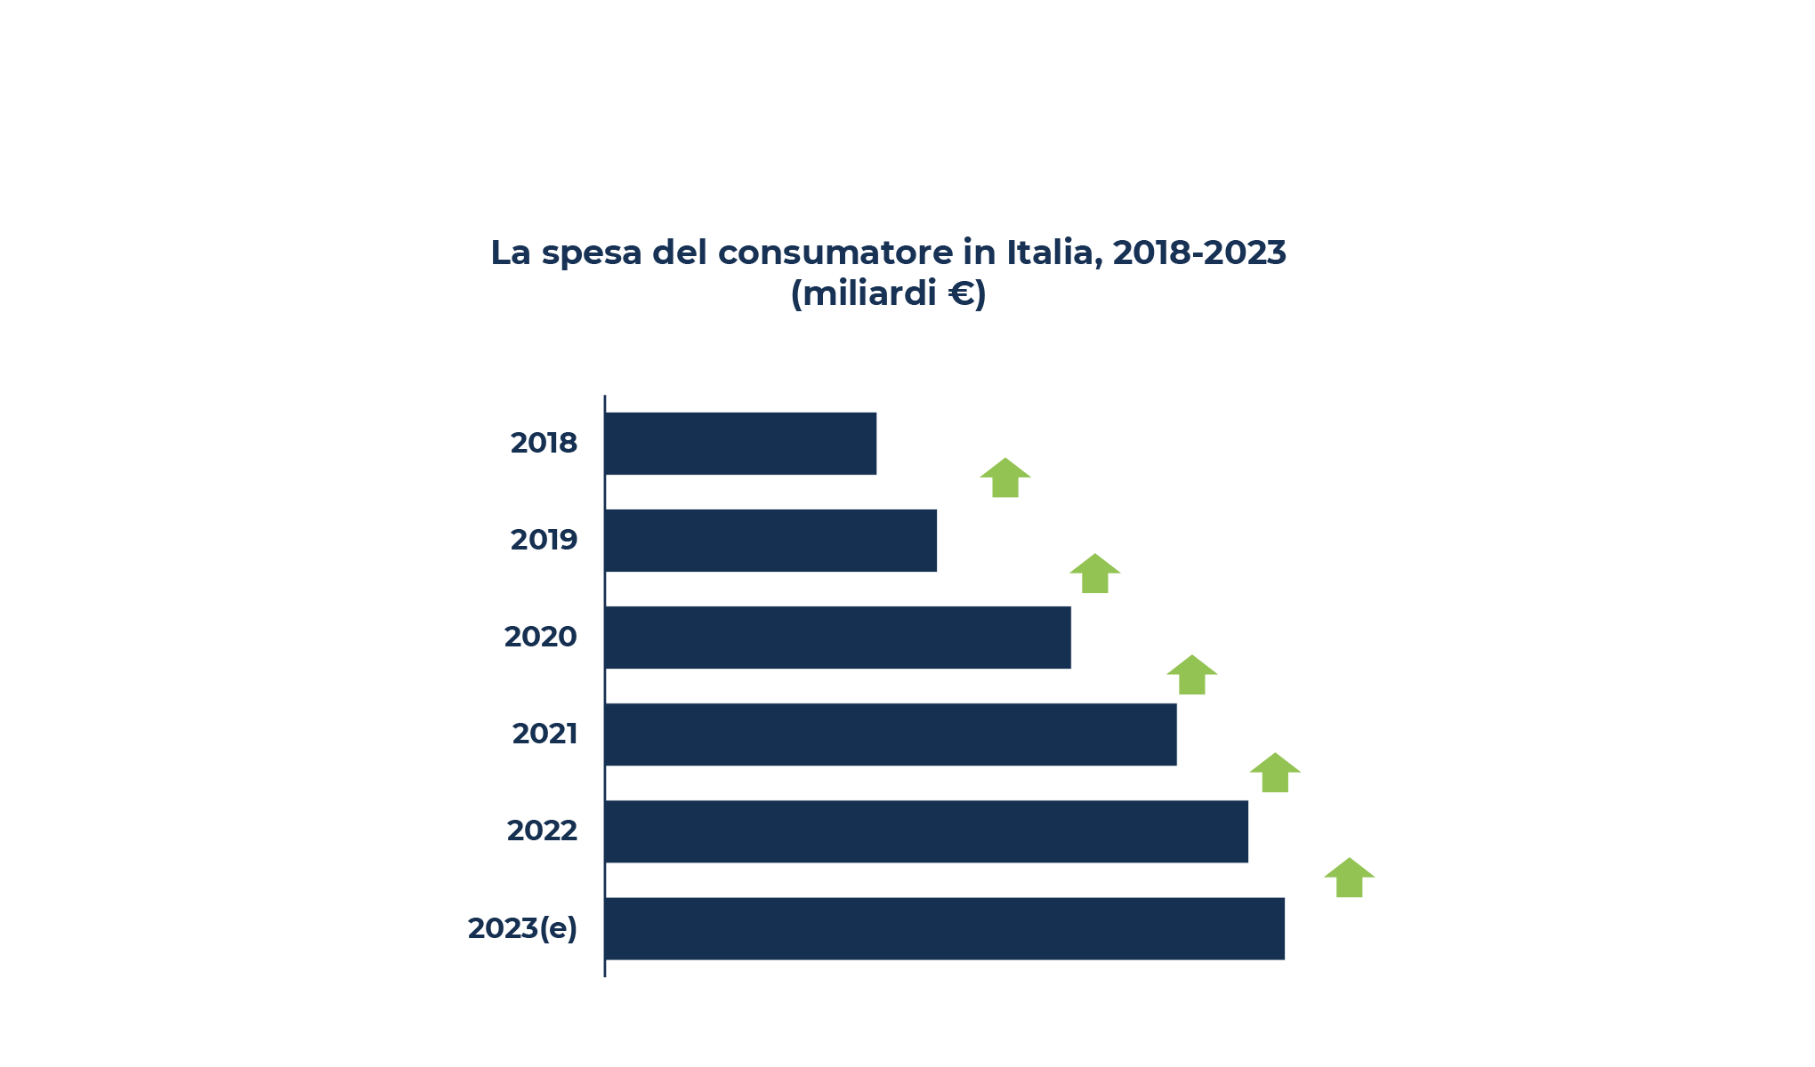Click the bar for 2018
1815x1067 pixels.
[740, 444]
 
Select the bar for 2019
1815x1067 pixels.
[770, 541]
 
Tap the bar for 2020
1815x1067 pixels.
[837, 638]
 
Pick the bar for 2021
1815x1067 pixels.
[891, 734]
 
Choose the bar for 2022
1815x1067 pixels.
[926, 831]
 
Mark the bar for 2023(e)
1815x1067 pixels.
[944, 928]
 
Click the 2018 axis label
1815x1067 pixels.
[544, 443]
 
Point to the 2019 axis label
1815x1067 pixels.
[544, 540]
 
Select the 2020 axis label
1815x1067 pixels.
[540, 637]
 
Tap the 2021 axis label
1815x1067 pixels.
[544, 734]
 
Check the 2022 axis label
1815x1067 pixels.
[542, 830]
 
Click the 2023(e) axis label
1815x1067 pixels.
[522, 928]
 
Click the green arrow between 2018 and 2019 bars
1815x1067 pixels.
[1005, 478]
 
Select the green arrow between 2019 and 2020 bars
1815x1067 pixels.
[1094, 574]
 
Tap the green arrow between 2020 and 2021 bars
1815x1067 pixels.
[1191, 676]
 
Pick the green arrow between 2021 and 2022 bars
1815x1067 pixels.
[1275, 774]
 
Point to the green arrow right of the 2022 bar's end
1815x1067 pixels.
[1349, 878]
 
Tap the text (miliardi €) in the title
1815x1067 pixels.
[888, 293]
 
